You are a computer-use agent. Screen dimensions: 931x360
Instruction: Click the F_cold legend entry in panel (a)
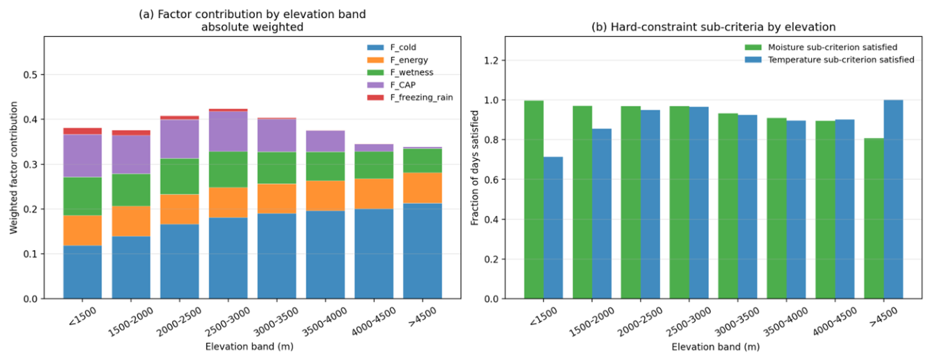391,47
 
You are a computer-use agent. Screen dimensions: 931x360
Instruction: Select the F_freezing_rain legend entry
410,97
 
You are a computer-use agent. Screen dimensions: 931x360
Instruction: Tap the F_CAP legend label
402,85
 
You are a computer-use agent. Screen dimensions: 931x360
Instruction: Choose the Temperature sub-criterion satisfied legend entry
829,59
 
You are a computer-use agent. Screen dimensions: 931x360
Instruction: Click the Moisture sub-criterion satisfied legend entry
821,47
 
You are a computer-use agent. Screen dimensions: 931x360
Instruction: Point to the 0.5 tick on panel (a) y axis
31,75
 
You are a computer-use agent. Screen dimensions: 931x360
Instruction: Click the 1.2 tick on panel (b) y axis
492,61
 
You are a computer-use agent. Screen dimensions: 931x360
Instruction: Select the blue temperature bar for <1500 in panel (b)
553,228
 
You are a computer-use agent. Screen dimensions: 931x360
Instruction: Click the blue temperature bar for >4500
893,199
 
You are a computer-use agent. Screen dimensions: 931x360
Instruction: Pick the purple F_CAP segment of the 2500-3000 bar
228,132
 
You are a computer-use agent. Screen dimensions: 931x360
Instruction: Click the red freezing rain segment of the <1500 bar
82,131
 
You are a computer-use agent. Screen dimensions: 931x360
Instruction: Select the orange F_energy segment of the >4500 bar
422,188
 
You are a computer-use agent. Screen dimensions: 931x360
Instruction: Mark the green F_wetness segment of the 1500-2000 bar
131,190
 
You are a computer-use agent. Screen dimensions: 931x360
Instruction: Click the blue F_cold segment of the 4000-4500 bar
374,253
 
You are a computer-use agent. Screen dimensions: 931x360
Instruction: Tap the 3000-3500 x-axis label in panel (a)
276,322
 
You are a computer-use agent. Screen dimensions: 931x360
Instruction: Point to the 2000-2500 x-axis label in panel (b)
640,322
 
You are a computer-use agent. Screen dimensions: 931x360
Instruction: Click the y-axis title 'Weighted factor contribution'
13,168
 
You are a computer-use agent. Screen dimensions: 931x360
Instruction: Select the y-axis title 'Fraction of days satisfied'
474,168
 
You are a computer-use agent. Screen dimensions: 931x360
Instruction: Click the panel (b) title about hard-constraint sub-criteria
713,27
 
